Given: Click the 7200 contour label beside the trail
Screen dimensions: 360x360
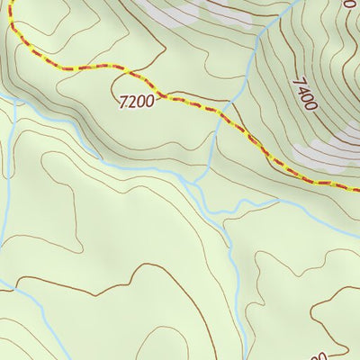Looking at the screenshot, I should [136, 101].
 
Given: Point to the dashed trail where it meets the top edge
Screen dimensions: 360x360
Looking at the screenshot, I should [11, 2].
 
